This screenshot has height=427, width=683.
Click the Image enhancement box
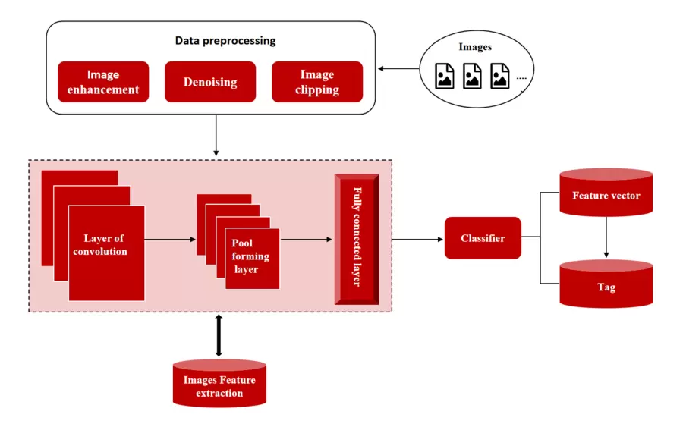[103, 82]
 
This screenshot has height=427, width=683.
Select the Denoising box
[210, 82]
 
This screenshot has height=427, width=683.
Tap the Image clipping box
[317, 82]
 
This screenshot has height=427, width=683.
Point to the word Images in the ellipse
[475, 47]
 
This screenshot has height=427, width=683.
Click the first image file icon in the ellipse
[445, 76]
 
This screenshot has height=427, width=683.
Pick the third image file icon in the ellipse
[500, 76]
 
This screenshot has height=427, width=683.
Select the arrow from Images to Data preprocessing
[398, 69]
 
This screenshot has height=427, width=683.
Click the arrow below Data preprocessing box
[216, 136]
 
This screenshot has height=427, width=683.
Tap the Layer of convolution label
[104, 245]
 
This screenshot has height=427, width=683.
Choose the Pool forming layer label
[250, 257]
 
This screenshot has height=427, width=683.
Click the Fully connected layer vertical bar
[357, 240]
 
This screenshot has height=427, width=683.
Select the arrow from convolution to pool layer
[169, 240]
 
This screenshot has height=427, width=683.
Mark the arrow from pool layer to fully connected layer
[306, 240]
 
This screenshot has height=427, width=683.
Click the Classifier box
[483, 238]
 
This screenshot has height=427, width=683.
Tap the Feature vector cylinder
[606, 196]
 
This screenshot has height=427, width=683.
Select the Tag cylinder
[606, 287]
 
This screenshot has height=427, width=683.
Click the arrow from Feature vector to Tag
[606, 240]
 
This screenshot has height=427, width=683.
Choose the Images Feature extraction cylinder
[219, 385]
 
